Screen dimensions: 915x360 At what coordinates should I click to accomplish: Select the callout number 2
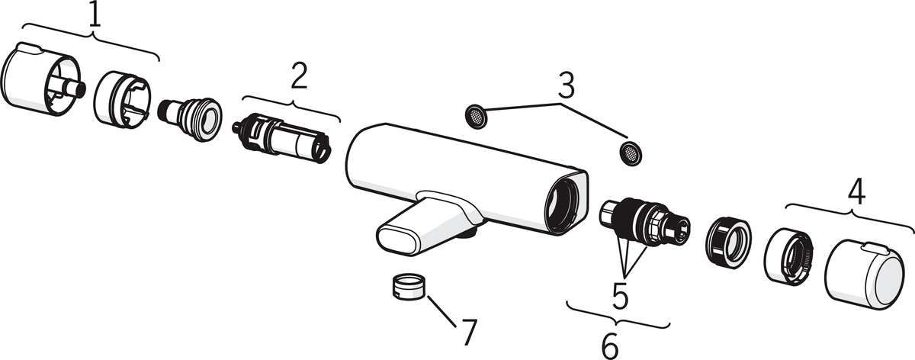pos(299,76)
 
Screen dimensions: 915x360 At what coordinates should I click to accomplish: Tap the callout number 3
pos(566,85)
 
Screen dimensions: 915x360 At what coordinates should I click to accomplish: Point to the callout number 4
pos(856,192)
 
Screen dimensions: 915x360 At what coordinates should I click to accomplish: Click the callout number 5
pos(620,295)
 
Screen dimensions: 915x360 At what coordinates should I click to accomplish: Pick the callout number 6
pos(610,346)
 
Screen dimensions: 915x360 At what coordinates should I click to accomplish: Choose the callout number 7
pos(469,333)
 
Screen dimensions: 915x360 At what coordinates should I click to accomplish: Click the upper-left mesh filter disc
pos(476,117)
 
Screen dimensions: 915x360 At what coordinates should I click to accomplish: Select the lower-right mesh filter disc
pos(631,153)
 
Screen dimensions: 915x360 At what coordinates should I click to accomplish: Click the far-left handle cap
pos(43,79)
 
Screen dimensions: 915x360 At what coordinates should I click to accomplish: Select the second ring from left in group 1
pos(122,99)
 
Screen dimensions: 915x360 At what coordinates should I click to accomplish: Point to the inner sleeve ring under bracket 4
pos(788,256)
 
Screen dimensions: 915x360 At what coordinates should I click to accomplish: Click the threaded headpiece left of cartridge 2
pos(190,119)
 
